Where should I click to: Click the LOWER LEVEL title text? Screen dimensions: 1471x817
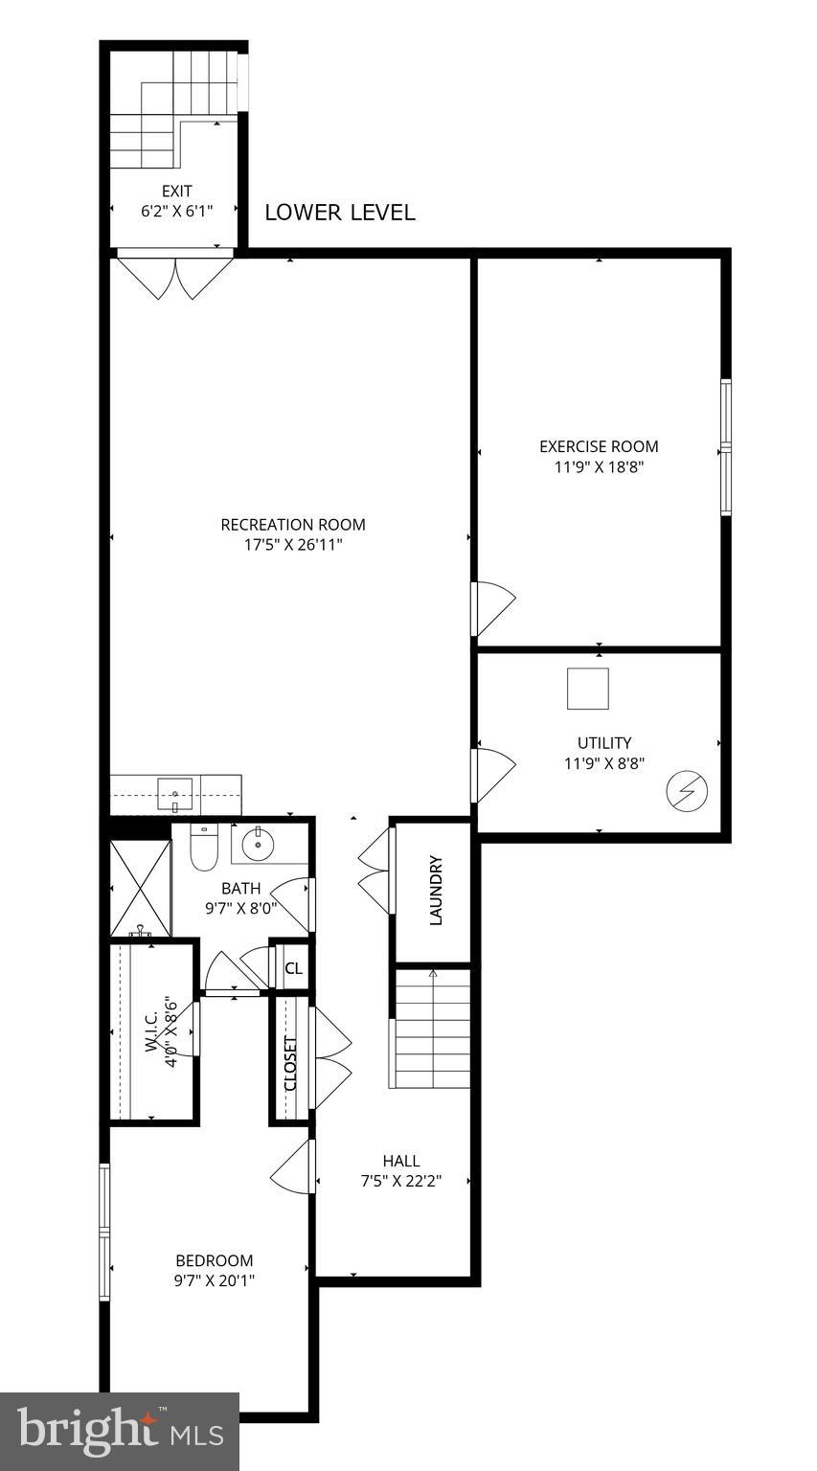[x=339, y=213]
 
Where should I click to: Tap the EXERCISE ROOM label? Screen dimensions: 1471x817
[x=599, y=446]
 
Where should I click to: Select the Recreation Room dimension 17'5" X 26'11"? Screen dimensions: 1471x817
[x=292, y=545]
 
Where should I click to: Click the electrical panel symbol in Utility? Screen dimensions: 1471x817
[x=688, y=791]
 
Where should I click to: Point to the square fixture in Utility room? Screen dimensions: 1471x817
[x=587, y=689]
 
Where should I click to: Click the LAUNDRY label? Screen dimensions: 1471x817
[x=436, y=890]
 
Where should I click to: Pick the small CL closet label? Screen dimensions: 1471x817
[x=294, y=968]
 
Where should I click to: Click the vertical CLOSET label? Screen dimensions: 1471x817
[x=290, y=1063]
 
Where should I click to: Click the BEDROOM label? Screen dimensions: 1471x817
[x=214, y=1260]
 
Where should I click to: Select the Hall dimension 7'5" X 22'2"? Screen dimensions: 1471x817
[x=400, y=1181]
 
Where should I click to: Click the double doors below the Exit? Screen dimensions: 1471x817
[x=173, y=274]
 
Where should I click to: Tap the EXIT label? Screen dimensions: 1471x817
[x=175, y=192]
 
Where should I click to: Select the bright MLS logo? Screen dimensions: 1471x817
[x=120, y=1431]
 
